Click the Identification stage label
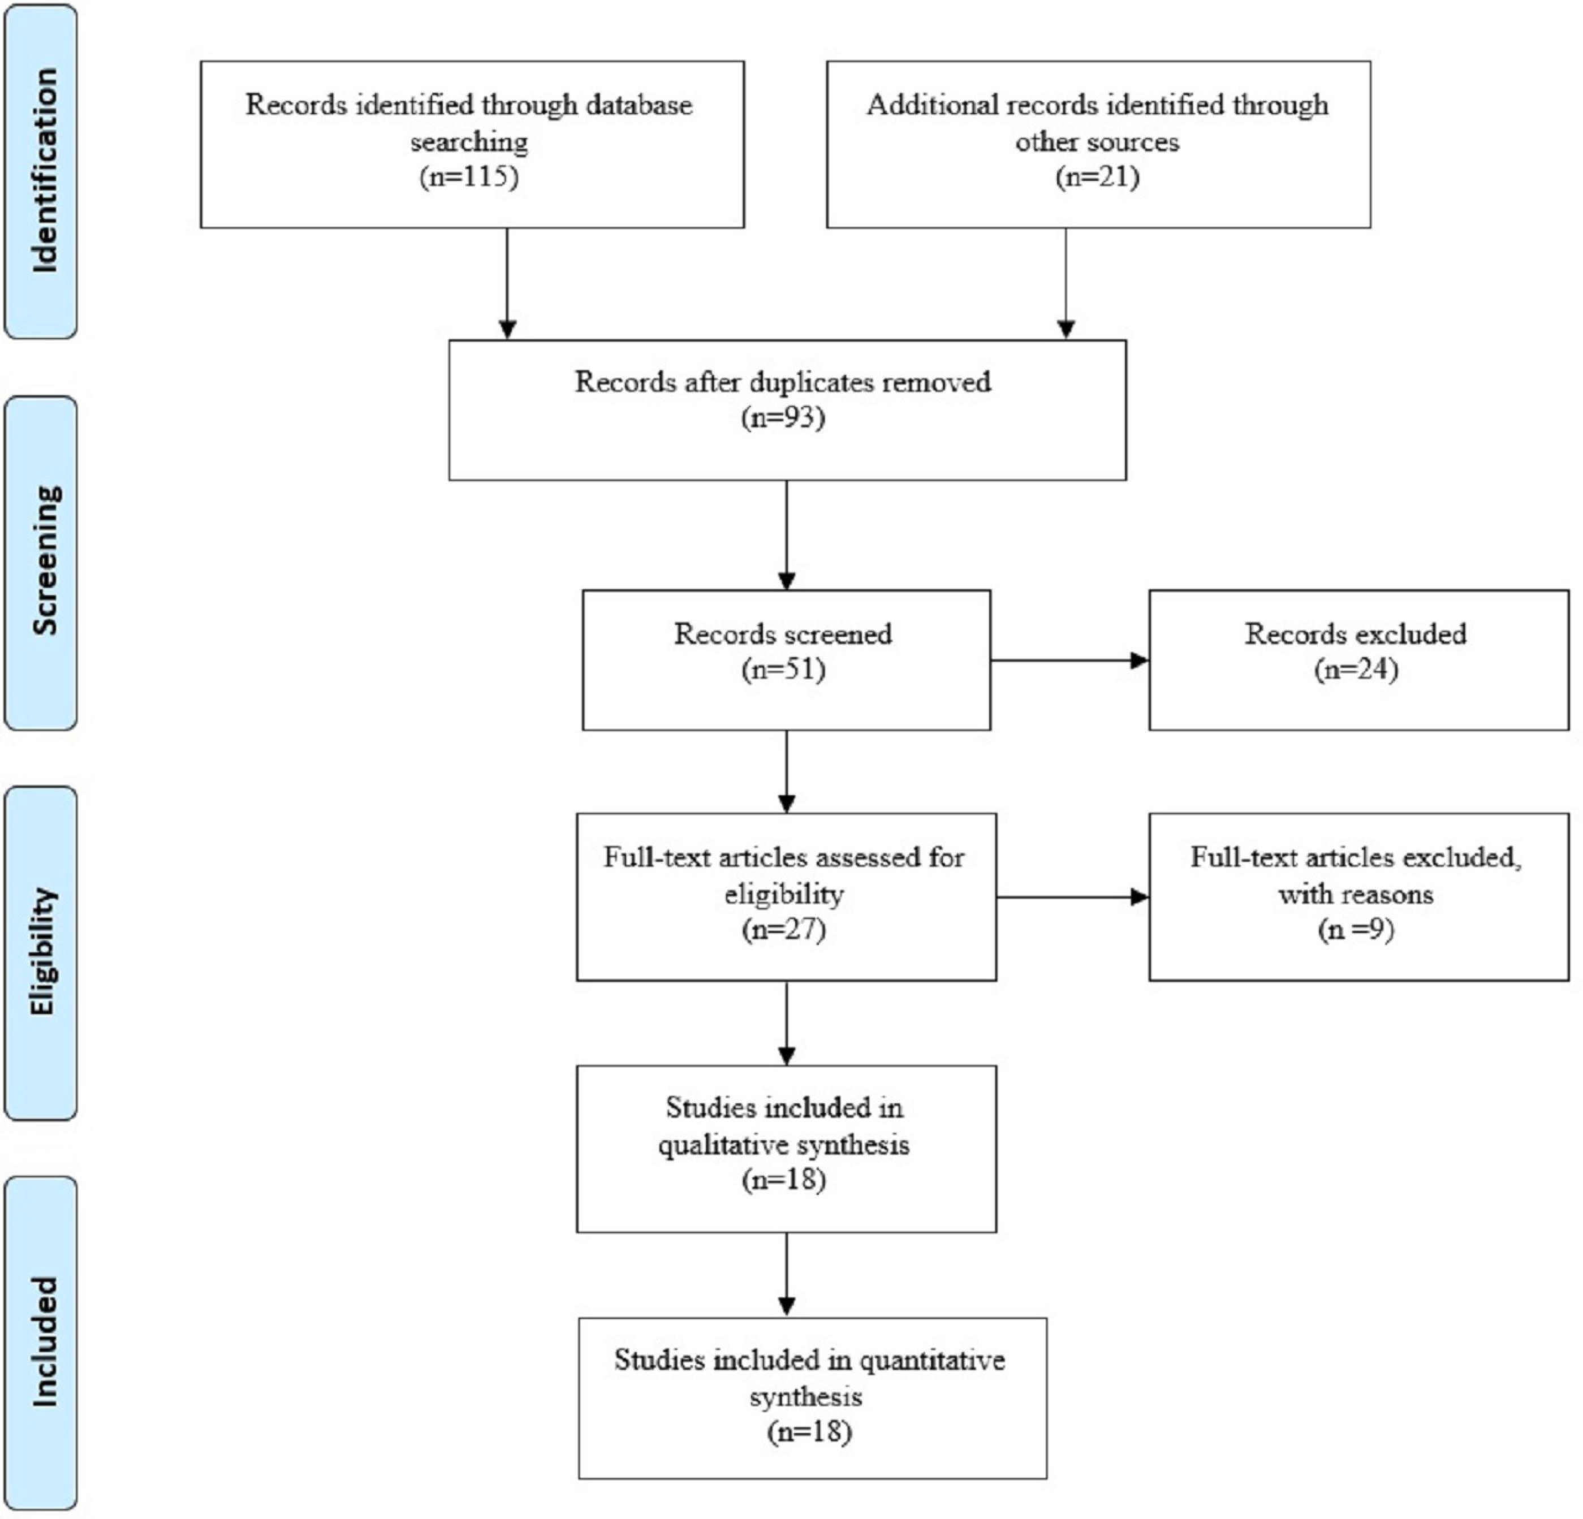[x=45, y=170]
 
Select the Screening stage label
[x=45, y=560]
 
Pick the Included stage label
[x=45, y=1342]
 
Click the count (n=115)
[x=468, y=176]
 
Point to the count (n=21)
[x=1098, y=176]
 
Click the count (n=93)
[x=783, y=417]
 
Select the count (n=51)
[x=783, y=670]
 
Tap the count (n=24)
[x=1356, y=670]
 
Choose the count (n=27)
[x=783, y=930]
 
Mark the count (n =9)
[x=1356, y=930]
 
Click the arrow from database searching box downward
[x=507, y=283]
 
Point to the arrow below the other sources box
[x=1066, y=283]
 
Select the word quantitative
[x=932, y=1361]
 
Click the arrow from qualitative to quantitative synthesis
[x=787, y=1274]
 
